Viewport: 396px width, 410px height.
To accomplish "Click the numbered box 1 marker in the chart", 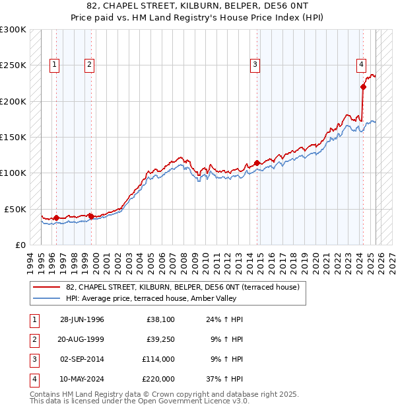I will (53, 65).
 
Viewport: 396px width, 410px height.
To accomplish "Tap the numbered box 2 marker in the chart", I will (89, 65).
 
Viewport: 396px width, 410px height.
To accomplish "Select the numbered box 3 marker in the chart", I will (255, 65).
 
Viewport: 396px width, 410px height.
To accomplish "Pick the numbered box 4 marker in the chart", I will (362, 65).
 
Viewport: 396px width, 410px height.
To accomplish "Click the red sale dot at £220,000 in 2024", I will (363, 87).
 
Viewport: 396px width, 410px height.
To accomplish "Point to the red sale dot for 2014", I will (257, 163).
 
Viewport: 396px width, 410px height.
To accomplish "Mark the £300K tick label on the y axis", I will (13, 30).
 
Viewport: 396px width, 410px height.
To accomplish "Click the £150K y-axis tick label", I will (13, 137).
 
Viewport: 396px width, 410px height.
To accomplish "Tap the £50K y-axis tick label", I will (15, 209).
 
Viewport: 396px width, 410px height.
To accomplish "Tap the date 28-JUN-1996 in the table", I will (82, 320).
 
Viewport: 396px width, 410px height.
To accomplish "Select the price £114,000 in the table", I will (158, 360).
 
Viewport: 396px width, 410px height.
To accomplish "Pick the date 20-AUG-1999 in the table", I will (82, 340).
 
